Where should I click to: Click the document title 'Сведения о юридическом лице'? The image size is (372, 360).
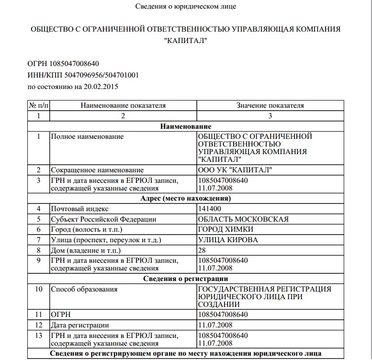(x=186, y=6)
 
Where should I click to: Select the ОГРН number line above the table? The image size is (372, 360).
(x=64, y=64)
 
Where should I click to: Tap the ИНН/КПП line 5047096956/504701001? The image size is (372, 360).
(x=83, y=76)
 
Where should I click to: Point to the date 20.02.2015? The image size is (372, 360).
(x=101, y=87)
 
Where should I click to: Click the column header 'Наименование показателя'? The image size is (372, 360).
(x=123, y=105)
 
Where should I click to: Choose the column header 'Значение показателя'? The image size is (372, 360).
(x=270, y=105)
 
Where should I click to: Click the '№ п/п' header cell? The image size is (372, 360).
(x=39, y=105)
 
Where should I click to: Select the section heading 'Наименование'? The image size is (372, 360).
(x=186, y=126)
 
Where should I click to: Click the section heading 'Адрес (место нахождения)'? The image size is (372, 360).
(x=186, y=198)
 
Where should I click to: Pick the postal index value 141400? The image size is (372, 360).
(x=210, y=209)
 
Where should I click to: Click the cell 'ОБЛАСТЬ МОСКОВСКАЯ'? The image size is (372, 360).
(x=243, y=219)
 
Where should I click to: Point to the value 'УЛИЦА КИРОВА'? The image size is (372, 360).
(x=228, y=240)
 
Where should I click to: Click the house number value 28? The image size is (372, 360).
(x=202, y=250)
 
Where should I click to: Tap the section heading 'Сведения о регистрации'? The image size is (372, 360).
(x=186, y=279)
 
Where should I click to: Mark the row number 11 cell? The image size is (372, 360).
(x=39, y=315)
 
